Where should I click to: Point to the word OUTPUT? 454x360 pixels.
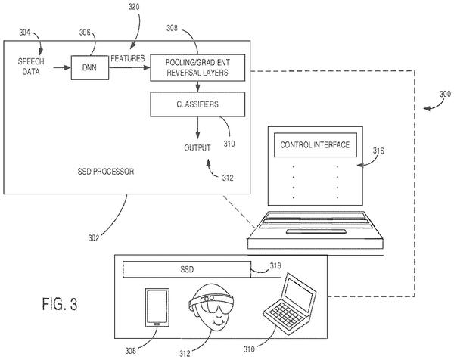197,148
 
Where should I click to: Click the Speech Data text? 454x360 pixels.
31,67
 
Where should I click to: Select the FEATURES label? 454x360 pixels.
128,58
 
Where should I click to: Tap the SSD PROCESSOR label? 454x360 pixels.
106,172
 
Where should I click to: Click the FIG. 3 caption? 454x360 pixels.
60,304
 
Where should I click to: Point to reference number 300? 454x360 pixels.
446,94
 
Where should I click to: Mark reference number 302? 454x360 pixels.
94,238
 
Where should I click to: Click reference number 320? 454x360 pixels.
134,7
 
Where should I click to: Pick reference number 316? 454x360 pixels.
378,151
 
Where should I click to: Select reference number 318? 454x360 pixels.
275,265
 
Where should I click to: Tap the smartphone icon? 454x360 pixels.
157,307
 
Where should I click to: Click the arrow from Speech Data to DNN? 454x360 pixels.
62,68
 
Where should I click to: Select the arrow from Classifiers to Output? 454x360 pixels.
197,128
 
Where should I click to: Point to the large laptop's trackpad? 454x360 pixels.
316,231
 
